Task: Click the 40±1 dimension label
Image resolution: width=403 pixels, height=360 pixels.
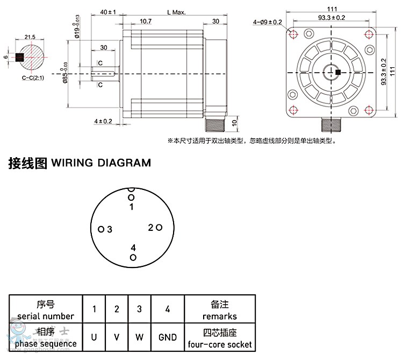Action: coord(109,11)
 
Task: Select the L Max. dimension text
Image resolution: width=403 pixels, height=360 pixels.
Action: coord(176,11)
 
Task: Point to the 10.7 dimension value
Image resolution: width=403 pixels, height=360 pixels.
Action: coord(145,22)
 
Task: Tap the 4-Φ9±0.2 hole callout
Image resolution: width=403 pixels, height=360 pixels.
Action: coord(267,22)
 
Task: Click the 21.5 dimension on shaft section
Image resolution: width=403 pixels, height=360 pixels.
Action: coord(30,37)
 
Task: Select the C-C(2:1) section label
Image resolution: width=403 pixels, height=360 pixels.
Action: coord(33,78)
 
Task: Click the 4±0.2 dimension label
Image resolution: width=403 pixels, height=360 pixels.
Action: coord(103,122)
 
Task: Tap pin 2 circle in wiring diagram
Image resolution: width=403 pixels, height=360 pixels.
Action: coord(159,228)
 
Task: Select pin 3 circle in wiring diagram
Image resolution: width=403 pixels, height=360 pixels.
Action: coord(101,229)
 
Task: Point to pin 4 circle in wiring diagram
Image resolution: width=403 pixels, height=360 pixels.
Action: coord(133,258)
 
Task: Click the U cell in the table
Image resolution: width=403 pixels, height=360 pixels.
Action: coord(94,337)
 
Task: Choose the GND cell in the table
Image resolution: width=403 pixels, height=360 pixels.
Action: coord(168,337)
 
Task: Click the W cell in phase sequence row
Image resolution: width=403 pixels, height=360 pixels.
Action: coord(139,337)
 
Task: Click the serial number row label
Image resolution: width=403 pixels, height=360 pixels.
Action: coord(45,310)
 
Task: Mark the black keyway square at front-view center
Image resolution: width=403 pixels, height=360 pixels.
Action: coord(337,72)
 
